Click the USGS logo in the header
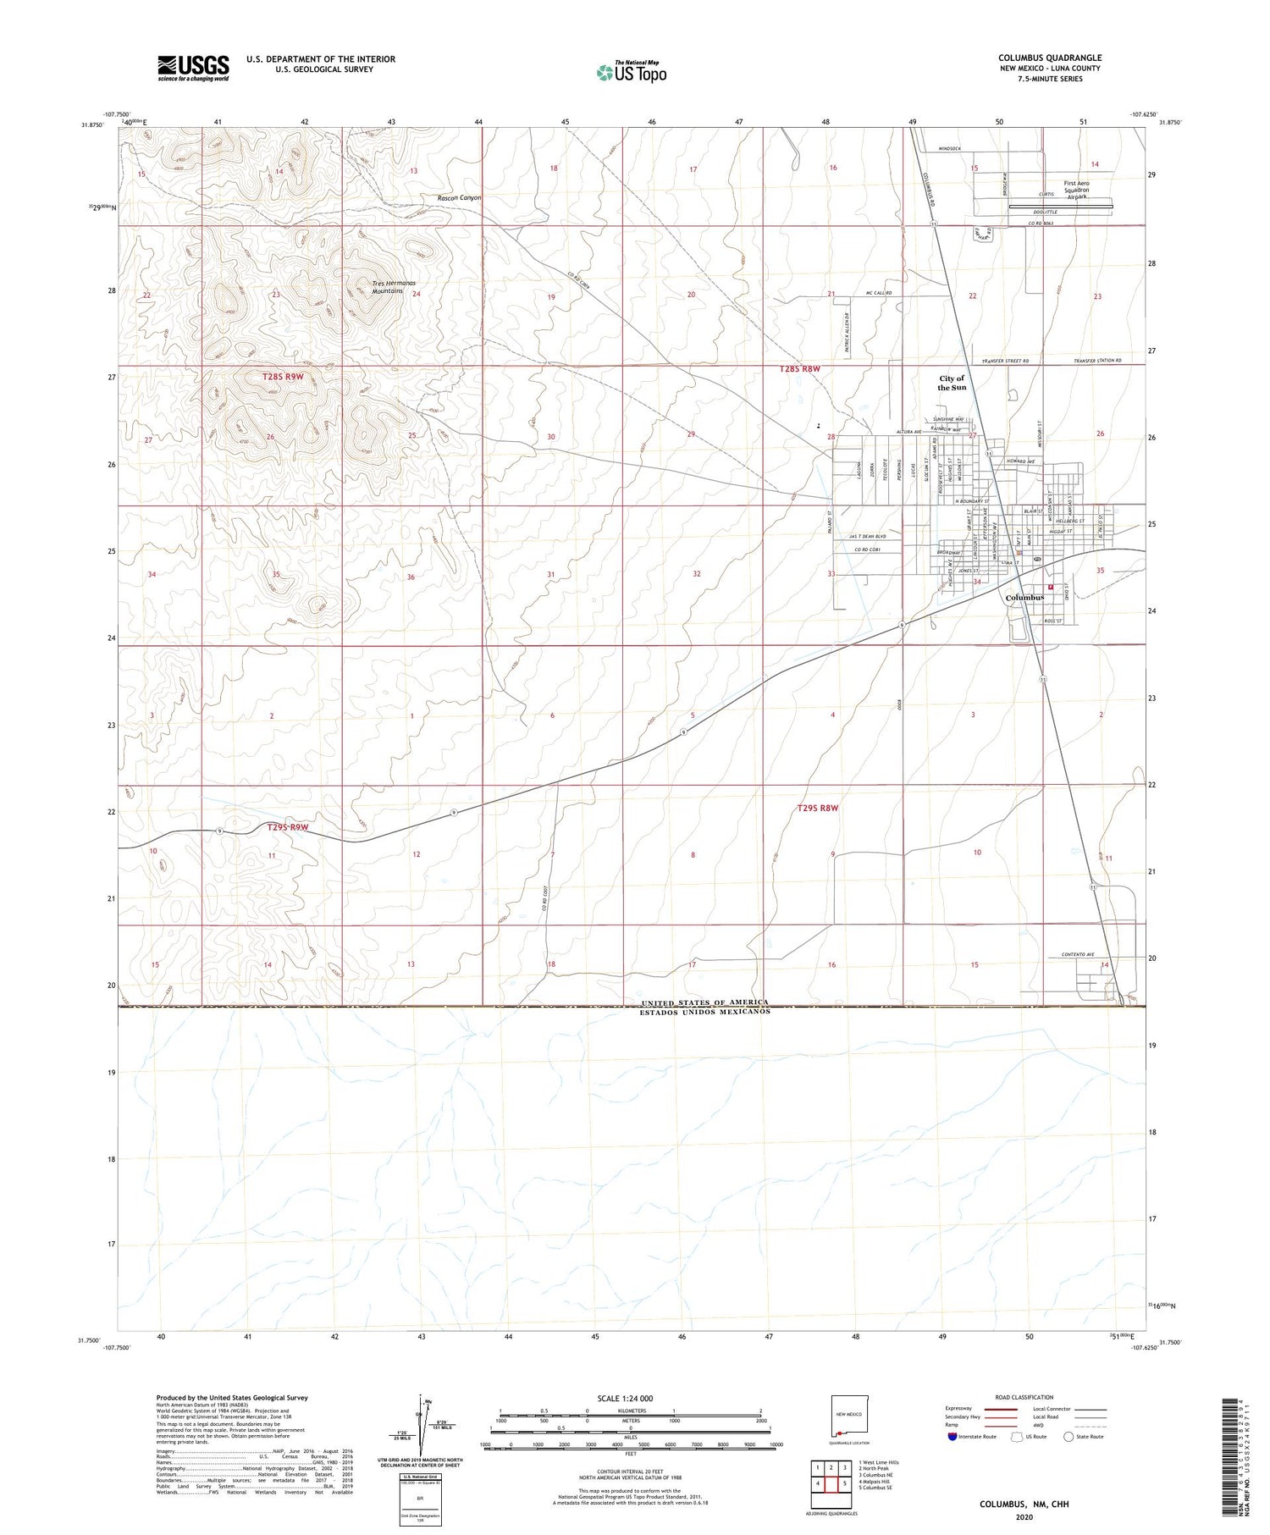(x=193, y=68)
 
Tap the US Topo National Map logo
(x=632, y=72)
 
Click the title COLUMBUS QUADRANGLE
(x=1049, y=58)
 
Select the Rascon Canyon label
(x=459, y=198)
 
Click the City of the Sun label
(x=952, y=383)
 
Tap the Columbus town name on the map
(x=1024, y=598)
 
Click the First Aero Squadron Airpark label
(x=1076, y=190)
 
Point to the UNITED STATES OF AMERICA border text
(x=704, y=1002)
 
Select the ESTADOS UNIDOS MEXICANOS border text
(x=704, y=1012)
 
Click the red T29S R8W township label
(x=817, y=808)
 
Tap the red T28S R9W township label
(x=282, y=375)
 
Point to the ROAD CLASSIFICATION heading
(x=1024, y=1397)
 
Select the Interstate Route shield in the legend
(x=953, y=1437)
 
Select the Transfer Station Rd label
(x=1096, y=362)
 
